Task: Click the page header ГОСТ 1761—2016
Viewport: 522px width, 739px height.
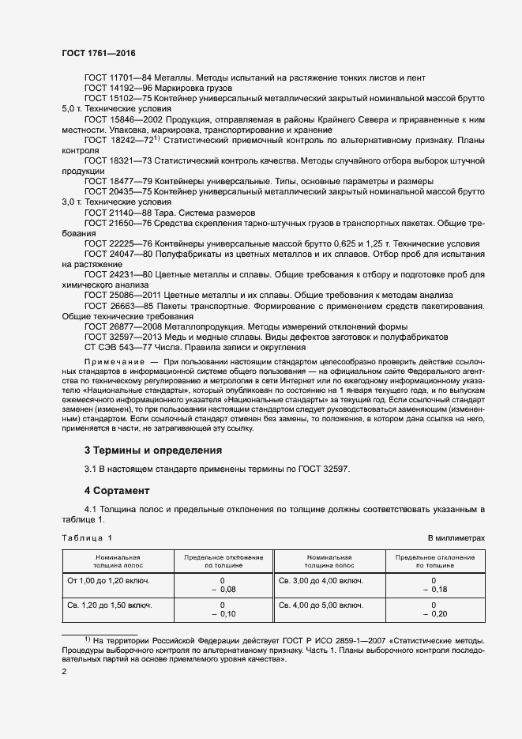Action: (98, 52)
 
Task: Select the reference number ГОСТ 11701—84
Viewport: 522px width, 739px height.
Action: (117, 77)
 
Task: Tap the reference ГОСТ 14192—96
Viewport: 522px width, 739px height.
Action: (117, 89)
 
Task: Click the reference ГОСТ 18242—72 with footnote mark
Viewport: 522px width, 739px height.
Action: (120, 140)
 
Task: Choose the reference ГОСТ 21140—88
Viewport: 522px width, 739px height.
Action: (117, 213)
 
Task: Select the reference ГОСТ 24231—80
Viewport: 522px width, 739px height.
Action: (117, 274)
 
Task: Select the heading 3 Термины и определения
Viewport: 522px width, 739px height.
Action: (152, 450)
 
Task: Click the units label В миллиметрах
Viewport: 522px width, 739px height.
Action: (456, 537)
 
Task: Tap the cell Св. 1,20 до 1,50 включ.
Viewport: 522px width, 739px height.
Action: (107, 605)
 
